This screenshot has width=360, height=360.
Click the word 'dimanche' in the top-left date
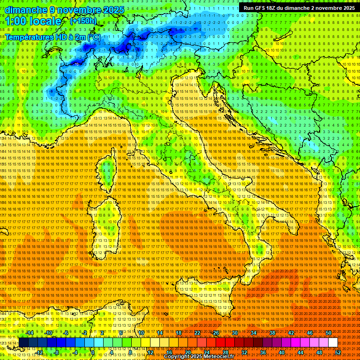point(26,10)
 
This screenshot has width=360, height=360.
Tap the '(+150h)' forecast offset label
point(83,21)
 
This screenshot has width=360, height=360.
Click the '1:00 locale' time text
point(33,22)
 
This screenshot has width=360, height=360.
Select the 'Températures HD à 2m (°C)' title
point(53,37)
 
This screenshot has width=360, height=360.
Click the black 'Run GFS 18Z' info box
point(299,7)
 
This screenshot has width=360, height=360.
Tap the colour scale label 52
point(338,352)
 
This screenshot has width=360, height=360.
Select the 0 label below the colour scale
point(93,352)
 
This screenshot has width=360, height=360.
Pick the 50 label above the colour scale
point(329,332)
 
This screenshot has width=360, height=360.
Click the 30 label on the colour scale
point(235,332)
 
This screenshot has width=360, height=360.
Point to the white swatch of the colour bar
point(333,342)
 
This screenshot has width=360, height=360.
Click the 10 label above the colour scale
point(141,332)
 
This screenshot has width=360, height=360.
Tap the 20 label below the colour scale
point(188,352)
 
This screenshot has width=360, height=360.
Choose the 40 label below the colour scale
point(282,352)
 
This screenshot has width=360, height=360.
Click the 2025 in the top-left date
point(113,10)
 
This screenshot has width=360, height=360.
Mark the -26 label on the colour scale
point(215,332)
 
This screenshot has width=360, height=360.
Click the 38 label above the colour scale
point(272,332)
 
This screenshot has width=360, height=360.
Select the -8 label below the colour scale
point(56,352)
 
